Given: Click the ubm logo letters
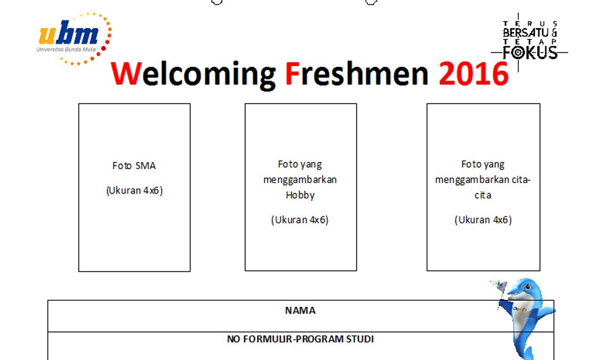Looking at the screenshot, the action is [x=68, y=34].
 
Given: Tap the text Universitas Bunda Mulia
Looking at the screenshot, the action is [x=66, y=50].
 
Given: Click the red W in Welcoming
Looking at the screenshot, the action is [x=125, y=73].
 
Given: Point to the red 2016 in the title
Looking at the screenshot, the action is [x=473, y=74].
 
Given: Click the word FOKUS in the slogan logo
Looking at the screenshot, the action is [x=530, y=53].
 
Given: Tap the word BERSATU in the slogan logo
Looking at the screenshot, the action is [x=525, y=33].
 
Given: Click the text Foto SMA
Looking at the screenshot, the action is [x=134, y=166].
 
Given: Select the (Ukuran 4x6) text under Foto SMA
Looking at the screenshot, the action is [x=134, y=191].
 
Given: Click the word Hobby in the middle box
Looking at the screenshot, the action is [x=300, y=195].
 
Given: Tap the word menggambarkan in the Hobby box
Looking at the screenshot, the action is [x=300, y=180].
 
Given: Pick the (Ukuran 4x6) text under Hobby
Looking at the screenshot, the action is [x=300, y=220].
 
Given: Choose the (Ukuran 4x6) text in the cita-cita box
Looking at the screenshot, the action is [x=483, y=220].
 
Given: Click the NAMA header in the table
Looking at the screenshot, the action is [x=300, y=310].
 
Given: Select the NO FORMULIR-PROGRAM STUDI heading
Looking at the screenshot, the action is [x=300, y=339].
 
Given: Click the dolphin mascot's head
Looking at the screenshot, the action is [x=523, y=289].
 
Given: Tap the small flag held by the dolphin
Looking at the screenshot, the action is [x=499, y=285].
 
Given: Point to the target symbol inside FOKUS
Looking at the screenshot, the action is [x=518, y=53].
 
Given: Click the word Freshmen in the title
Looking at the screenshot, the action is [x=357, y=73].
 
